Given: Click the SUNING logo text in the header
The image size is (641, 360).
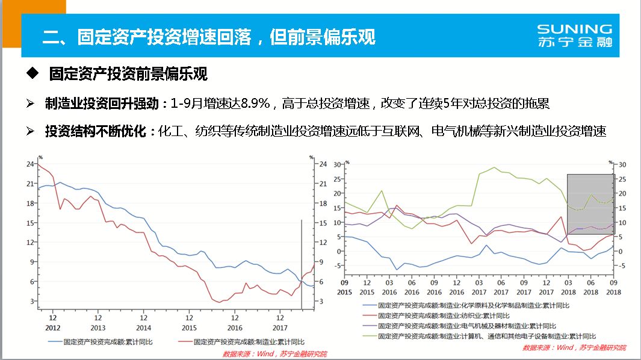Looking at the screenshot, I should (574, 29).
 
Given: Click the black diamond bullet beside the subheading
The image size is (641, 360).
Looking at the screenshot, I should (33, 74).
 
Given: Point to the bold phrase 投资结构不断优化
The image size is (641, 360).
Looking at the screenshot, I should (96, 131).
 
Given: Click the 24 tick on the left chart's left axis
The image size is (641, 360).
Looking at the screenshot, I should (29, 164).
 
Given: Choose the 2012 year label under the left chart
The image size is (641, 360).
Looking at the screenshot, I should (53, 327).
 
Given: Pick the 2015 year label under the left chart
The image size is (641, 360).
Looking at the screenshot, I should (189, 327).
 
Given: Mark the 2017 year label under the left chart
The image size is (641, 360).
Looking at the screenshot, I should (280, 327).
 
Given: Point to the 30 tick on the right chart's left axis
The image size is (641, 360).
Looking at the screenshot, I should (338, 164).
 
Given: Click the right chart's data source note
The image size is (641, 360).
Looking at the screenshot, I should (574, 347).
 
